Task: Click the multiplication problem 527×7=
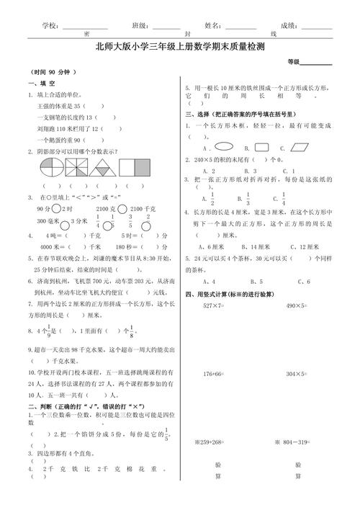pyautogui.click(x=215, y=285)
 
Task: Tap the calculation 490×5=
pyautogui.click(x=297, y=285)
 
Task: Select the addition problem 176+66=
pyautogui.click(x=215, y=375)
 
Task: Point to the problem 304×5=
pyautogui.click(x=297, y=375)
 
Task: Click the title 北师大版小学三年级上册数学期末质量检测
pyautogui.click(x=179, y=47)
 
